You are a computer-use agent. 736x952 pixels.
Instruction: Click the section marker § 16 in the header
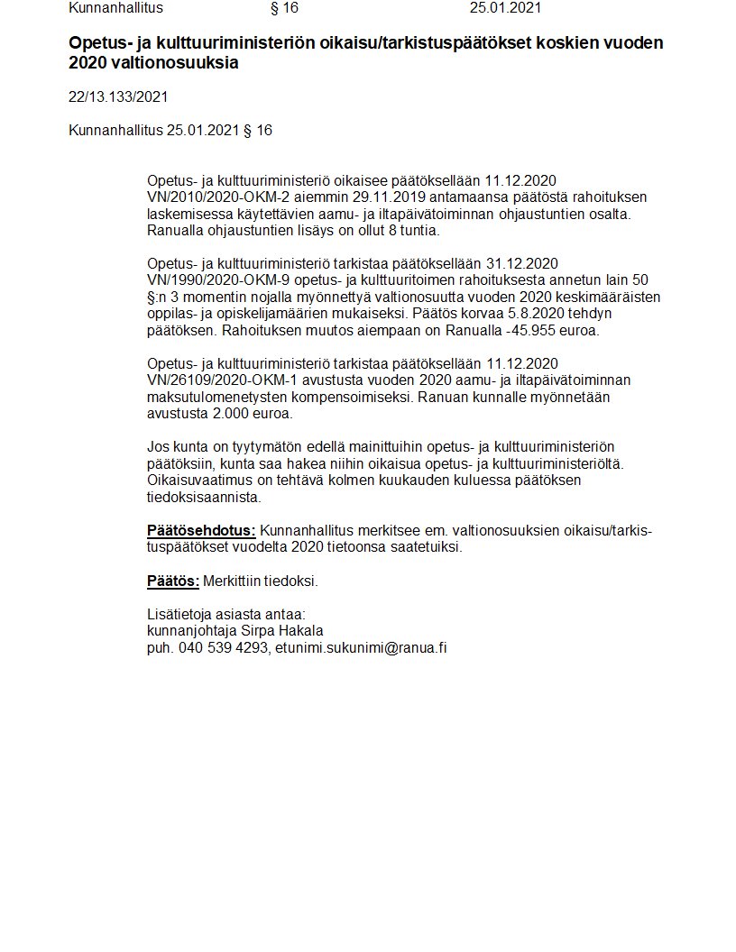coord(284,8)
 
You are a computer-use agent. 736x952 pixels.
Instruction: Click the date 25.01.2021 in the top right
coord(505,8)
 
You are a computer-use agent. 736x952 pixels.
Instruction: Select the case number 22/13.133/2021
coord(118,96)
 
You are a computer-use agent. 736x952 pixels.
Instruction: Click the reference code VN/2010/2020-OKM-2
coord(209,197)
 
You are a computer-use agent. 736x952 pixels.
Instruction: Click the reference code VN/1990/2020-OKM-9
coord(209,280)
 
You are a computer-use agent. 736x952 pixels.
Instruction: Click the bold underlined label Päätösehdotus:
coord(201,530)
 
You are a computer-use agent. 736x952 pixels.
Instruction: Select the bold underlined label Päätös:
coord(172,581)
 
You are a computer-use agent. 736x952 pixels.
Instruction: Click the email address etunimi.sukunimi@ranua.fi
coord(361,647)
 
